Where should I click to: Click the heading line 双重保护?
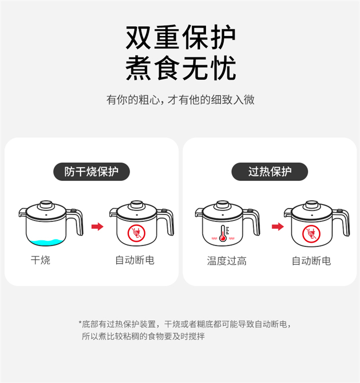pyautogui.click(x=180, y=37)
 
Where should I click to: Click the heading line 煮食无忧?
pyautogui.click(x=180, y=68)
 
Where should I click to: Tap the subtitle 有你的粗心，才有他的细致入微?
pyautogui.click(x=180, y=100)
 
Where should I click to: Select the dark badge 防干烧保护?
pyautogui.click(x=92, y=172)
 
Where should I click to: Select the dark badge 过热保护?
pyautogui.click(x=270, y=172)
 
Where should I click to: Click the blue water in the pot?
pyautogui.click(x=47, y=242)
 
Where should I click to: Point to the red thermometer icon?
pyautogui.click(x=223, y=233)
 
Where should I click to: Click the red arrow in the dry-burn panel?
pyautogui.click(x=97, y=227)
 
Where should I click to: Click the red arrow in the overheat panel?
pyautogui.click(x=278, y=227)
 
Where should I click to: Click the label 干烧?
pyautogui.click(x=40, y=260)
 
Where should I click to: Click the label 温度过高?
pyautogui.click(x=227, y=261)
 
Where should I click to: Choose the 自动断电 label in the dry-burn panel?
pyautogui.click(x=135, y=260)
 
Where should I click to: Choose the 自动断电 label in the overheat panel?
pyautogui.click(x=312, y=261)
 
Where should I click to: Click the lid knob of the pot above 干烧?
pyautogui.click(x=47, y=204)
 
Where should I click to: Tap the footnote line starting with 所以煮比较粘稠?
pyautogui.click(x=143, y=336)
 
